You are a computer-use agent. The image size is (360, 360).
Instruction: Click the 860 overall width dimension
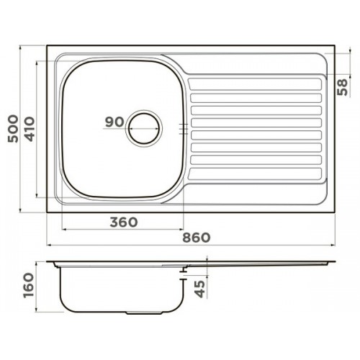pyautogui.click(x=197, y=238)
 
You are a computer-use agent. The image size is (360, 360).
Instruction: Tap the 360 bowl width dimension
pyautogui.click(x=124, y=222)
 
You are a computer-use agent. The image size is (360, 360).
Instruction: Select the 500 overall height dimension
pyautogui.click(x=13, y=129)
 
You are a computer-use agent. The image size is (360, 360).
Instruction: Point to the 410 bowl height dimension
pyautogui.click(x=30, y=129)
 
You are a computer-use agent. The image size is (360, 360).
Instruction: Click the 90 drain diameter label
pyautogui.click(x=114, y=122)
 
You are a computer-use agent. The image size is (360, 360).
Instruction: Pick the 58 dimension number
pyautogui.click(x=343, y=87)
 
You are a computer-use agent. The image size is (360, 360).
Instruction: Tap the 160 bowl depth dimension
pyautogui.click(x=29, y=285)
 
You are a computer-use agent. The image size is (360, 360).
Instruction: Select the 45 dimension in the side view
pyautogui.click(x=199, y=289)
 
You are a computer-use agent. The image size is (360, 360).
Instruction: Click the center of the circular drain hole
pyautogui.click(x=144, y=128)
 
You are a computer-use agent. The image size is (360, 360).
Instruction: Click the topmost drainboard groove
pyautogui.click(x=255, y=84)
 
